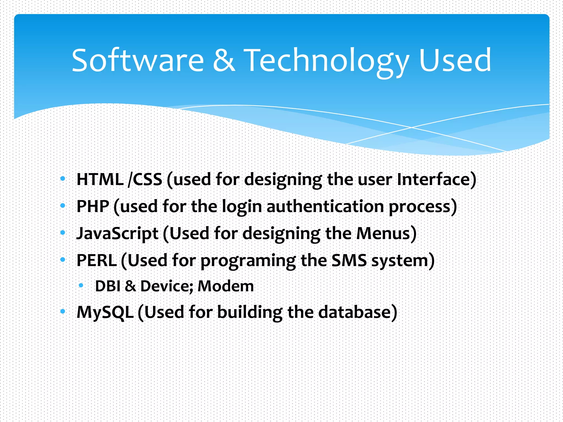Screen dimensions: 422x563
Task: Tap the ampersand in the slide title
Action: pyautogui.click(x=224, y=60)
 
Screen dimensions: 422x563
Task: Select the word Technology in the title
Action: pyautogui.click(x=326, y=61)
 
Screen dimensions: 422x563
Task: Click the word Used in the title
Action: pyautogui.click(x=455, y=60)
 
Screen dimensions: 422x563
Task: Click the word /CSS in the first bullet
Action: pyautogui.click(x=145, y=179)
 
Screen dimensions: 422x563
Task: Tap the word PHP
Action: pyautogui.click(x=93, y=206)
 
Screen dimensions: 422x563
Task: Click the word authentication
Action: pyautogui.click(x=325, y=206)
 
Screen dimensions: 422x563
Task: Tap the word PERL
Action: pyautogui.click(x=96, y=260)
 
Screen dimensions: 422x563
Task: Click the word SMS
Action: pyautogui.click(x=349, y=260)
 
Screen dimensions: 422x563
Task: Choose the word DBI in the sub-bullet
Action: pyautogui.click(x=107, y=286)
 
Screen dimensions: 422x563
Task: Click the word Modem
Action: pyautogui.click(x=225, y=286)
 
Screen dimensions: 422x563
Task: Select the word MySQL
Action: pyautogui.click(x=105, y=312)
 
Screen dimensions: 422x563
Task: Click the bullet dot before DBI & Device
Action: pyautogui.click(x=81, y=286)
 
